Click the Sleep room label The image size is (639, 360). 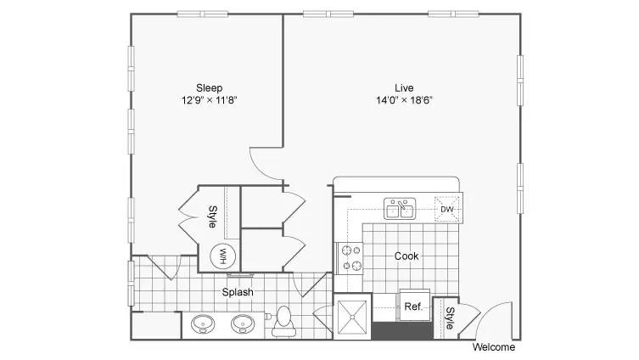(x=209, y=88)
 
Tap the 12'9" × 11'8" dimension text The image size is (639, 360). (x=210, y=100)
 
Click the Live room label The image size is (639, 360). (x=404, y=87)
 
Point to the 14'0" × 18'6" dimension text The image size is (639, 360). (x=404, y=100)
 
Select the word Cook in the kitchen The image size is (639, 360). (x=406, y=256)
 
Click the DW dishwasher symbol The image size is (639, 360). (x=446, y=209)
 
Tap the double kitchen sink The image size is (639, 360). (x=400, y=208)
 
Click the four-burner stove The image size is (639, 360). (x=350, y=258)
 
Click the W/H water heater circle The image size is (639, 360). (x=222, y=256)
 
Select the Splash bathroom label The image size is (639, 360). (x=238, y=292)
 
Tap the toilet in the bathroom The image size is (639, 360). (x=283, y=321)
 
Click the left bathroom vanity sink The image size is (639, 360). (x=203, y=324)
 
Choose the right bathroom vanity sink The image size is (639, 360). (x=243, y=324)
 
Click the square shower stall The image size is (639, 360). (x=352, y=317)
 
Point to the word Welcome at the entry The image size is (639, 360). (x=494, y=347)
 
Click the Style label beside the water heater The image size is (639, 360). (x=213, y=217)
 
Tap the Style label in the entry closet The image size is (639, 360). (x=450, y=318)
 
